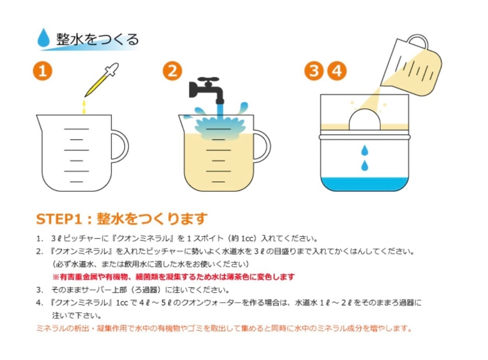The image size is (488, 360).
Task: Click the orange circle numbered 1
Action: click(x=43, y=71)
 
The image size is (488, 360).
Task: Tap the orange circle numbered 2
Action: click(x=172, y=71)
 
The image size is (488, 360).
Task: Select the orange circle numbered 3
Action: click(x=314, y=71)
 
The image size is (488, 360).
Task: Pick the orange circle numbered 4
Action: click(x=337, y=71)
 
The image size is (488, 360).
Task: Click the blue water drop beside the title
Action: click(x=44, y=38)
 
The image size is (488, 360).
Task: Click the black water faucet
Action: click(x=206, y=89)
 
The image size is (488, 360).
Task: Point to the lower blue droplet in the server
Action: click(x=365, y=165)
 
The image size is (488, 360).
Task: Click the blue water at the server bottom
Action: click(x=365, y=184)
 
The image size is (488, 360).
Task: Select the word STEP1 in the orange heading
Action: click(x=59, y=219)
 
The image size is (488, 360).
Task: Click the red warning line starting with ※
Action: click(x=173, y=277)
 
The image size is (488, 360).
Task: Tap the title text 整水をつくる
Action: click(x=97, y=39)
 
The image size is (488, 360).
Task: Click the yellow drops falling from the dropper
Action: click(x=84, y=107)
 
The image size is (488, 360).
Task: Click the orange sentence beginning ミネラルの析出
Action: click(x=224, y=329)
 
